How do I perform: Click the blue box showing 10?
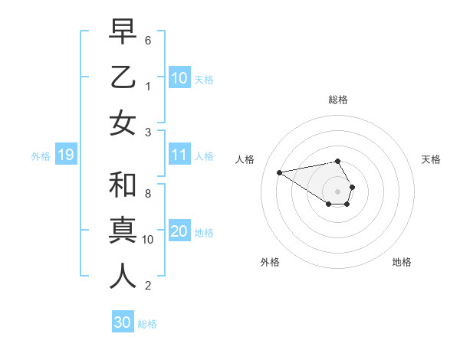pos(179,78)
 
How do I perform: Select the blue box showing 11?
pos(179,155)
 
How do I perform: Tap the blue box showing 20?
pos(179,232)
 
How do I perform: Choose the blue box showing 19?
pos(65,155)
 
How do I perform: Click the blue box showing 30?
pos(122,322)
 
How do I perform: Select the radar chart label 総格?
pos(338,100)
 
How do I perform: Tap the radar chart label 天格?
pos(431,159)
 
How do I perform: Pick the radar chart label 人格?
pos(245,159)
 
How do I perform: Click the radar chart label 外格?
pos(270,263)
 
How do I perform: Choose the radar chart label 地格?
pos(402,263)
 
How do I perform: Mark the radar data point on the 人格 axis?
pos(279,172)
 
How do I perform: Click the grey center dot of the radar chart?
pos(338,191)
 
